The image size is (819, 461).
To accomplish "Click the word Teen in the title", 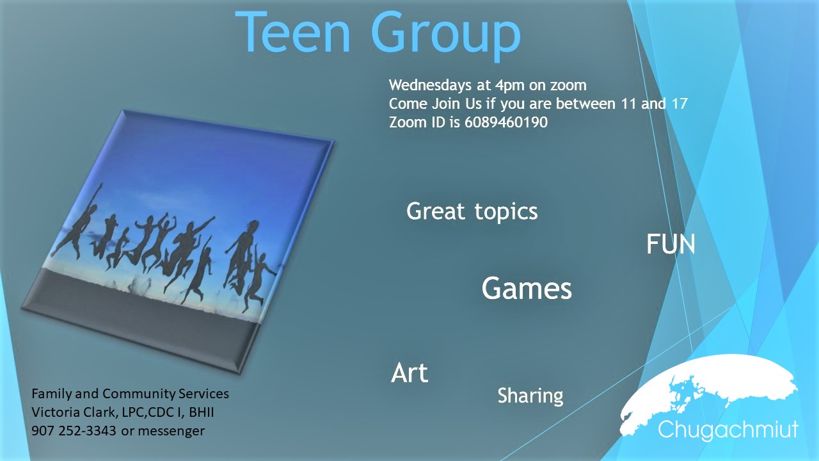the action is [x=293, y=32].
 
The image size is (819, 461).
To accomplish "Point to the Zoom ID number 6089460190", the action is [x=506, y=122].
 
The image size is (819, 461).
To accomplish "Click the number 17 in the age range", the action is [x=680, y=104].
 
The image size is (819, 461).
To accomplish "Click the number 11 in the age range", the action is [x=629, y=104].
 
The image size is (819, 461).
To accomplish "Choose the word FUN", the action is [x=671, y=245].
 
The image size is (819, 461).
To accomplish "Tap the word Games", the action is [x=527, y=288].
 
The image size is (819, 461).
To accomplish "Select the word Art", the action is [x=409, y=373].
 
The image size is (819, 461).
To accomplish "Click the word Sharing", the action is [x=530, y=396].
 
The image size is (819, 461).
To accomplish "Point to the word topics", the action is [x=506, y=212].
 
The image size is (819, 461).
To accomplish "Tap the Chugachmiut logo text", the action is [x=728, y=429].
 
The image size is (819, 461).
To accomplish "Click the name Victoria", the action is [x=56, y=412].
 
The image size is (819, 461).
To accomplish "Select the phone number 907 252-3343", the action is [x=74, y=431].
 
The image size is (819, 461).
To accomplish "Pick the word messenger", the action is [x=171, y=432].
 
